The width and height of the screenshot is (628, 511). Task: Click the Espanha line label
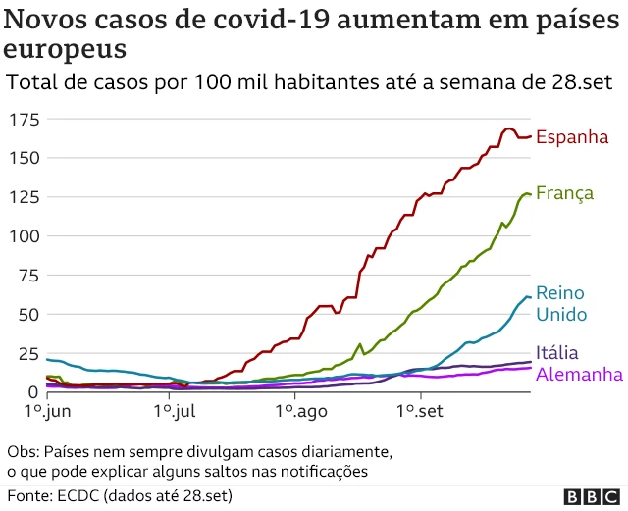(572, 137)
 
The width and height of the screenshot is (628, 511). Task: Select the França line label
(564, 194)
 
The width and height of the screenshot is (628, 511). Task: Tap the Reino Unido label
(560, 304)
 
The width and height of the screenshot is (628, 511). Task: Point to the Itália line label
(556, 353)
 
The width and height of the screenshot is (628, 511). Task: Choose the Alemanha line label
(579, 375)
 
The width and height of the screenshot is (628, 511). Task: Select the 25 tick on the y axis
(26, 353)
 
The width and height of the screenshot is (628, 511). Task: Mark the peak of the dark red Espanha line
(507, 128)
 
